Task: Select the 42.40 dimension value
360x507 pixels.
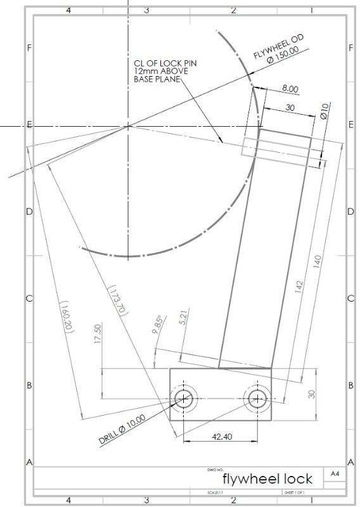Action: [x=221, y=437]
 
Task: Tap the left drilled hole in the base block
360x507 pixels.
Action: [x=184, y=398]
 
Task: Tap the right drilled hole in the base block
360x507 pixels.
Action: [x=257, y=398]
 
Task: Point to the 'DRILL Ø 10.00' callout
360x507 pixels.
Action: [x=123, y=429]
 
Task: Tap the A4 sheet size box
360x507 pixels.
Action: [x=335, y=473]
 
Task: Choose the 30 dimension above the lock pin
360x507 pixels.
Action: [x=290, y=107]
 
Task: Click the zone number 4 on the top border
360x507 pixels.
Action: [x=68, y=10]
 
